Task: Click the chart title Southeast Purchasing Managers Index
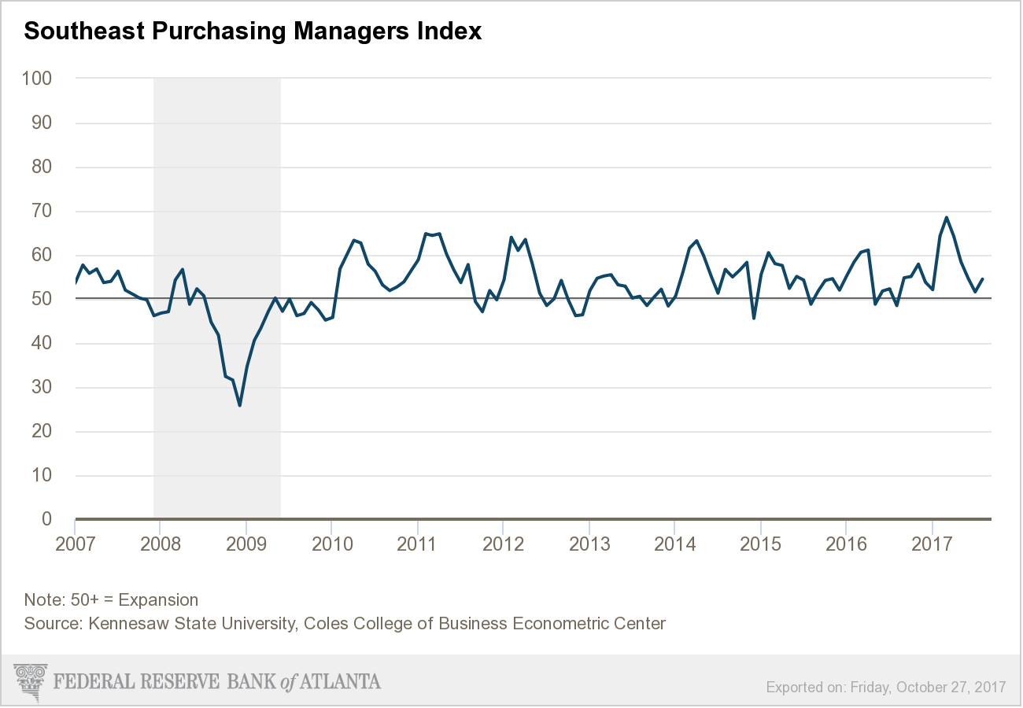pyautogui.click(x=253, y=31)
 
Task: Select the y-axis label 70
pyautogui.click(x=41, y=211)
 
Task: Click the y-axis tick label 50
pyautogui.click(x=41, y=299)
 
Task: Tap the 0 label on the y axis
pyautogui.click(x=46, y=519)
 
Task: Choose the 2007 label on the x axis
pyautogui.click(x=76, y=544)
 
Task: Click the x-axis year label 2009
pyautogui.click(x=246, y=544)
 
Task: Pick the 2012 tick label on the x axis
pyautogui.click(x=504, y=544)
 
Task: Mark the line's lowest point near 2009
pyautogui.click(x=239, y=405)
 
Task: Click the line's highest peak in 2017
pyautogui.click(x=946, y=217)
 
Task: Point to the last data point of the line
pyautogui.click(x=982, y=278)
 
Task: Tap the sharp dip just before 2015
pyautogui.click(x=754, y=318)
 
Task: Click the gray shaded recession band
pyautogui.click(x=216, y=197)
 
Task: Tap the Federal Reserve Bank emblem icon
pyautogui.click(x=30, y=681)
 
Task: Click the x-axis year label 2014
pyautogui.click(x=674, y=544)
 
